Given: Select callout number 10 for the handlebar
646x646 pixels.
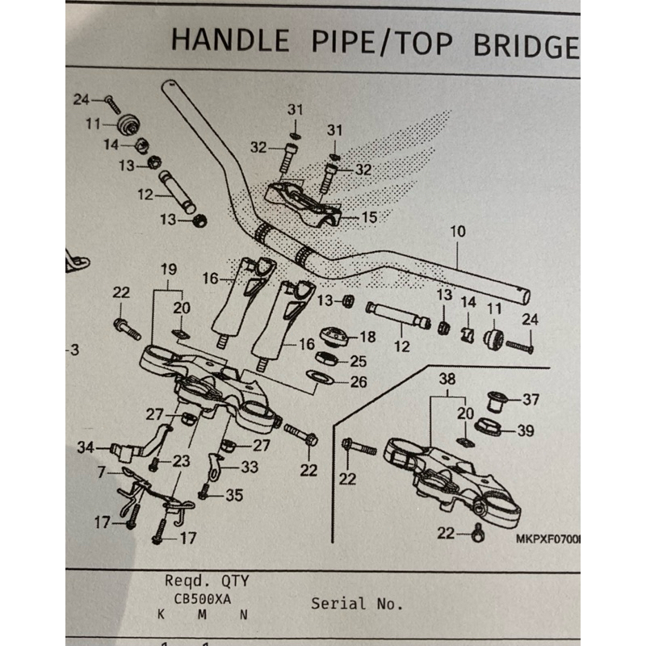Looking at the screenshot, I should click(458, 232).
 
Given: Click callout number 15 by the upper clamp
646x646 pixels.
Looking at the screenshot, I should click(369, 217).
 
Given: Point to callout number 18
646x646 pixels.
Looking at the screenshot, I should click(368, 337).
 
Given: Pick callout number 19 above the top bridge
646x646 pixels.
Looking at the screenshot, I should click(168, 268).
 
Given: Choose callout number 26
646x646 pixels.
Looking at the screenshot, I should click(359, 381).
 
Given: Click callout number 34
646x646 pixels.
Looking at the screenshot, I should click(85, 446).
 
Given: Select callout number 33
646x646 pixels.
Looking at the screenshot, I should click(249, 465).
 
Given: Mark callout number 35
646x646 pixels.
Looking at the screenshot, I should click(234, 495).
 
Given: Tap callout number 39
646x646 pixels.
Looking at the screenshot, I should click(525, 431).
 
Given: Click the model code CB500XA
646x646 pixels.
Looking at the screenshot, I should click(201, 600).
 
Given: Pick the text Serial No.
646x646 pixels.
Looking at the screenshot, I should click(356, 603).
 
